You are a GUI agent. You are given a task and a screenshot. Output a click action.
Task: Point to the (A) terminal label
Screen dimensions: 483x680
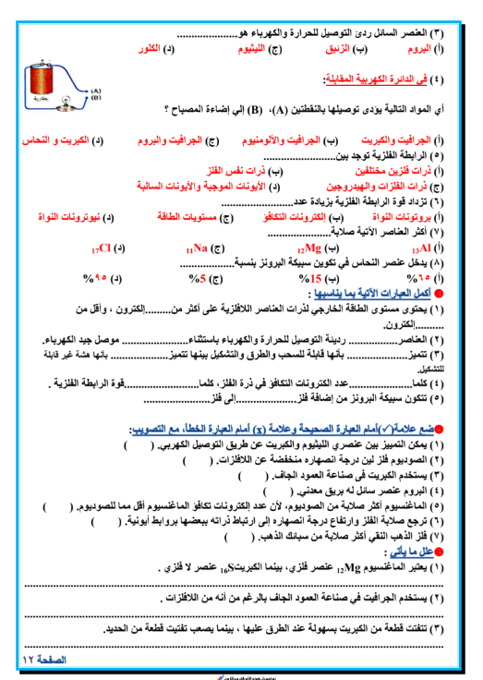tap(96, 90)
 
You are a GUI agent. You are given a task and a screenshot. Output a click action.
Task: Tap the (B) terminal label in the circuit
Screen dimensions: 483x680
tap(96, 96)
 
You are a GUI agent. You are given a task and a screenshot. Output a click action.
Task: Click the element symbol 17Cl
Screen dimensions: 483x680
tap(103, 249)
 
